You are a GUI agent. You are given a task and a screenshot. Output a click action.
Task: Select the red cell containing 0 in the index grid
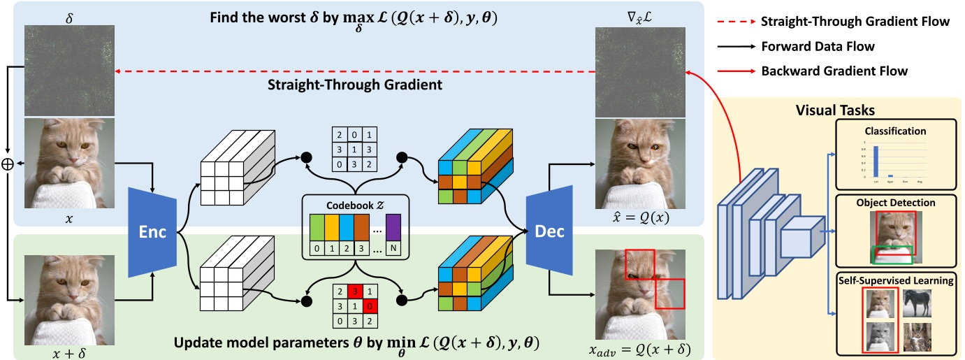(369, 305)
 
